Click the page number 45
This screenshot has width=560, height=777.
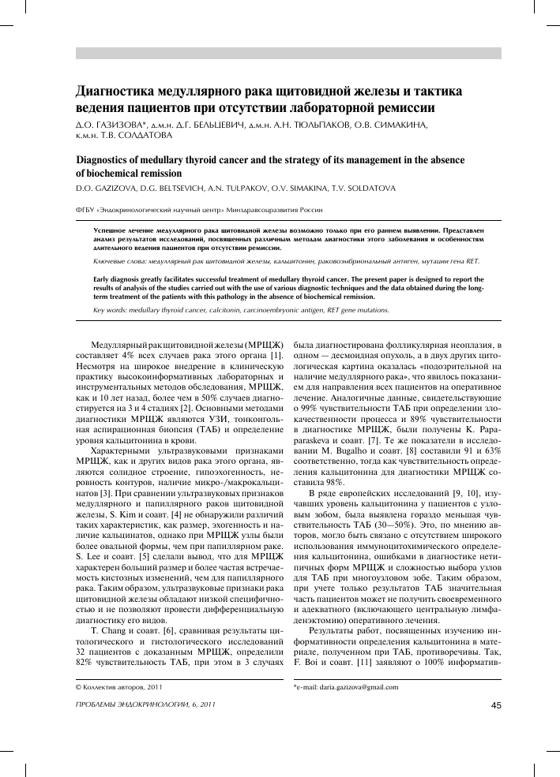click(496, 704)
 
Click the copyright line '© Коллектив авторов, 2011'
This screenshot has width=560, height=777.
click(109, 687)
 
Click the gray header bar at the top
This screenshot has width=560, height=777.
click(288, 53)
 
